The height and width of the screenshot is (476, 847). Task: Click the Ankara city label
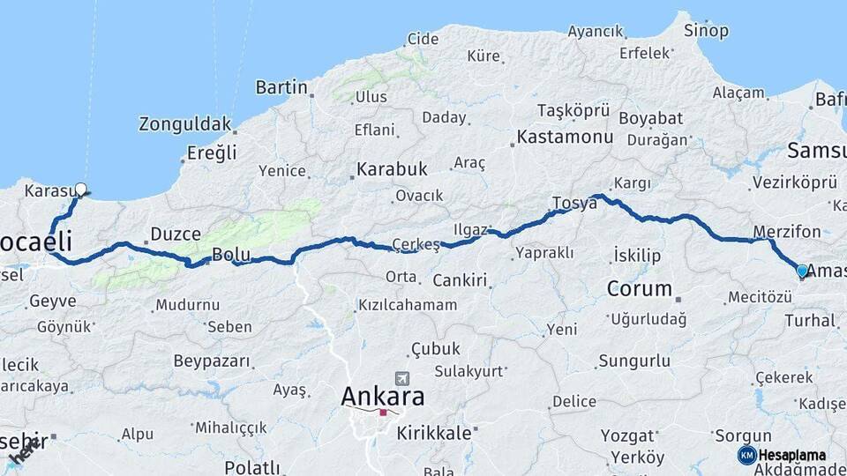pos(383,397)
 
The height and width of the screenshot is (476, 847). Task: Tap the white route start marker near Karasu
pos(81,189)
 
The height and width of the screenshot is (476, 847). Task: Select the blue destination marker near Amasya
pos(802,271)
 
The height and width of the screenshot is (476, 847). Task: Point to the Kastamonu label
pos(565,137)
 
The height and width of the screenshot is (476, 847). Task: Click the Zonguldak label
pos(185,124)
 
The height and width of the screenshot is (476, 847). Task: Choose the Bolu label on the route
pos(231,256)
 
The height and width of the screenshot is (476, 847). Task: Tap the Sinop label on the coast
pos(707,31)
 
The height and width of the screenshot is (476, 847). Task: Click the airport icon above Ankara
pos(403,377)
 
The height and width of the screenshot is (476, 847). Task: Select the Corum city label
pos(640,288)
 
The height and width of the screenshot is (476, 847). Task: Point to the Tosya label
pos(574,203)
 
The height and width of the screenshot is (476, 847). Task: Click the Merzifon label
pos(786,232)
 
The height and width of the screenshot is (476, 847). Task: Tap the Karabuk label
pos(392,168)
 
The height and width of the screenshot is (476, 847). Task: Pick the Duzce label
pos(176,234)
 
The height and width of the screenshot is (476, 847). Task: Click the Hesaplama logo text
pos(793,455)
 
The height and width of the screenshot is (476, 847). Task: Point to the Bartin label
pos(281,87)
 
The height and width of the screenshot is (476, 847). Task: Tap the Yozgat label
pos(627,435)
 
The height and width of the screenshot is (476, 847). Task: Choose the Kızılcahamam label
pos(407,305)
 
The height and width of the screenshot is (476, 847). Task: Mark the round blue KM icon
pos(746,455)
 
